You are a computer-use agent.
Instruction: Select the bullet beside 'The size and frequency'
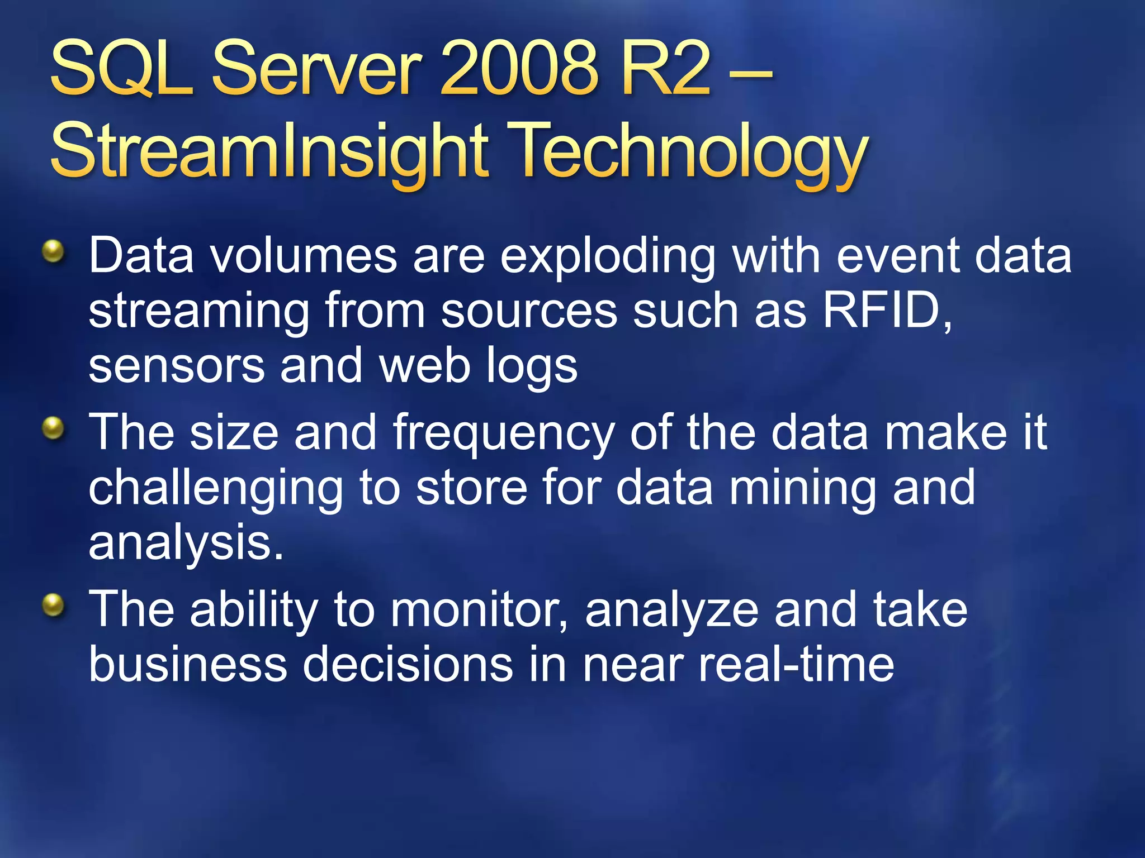click(x=54, y=429)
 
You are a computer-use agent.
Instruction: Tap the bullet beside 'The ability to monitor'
click(x=54, y=606)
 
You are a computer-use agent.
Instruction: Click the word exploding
click(x=607, y=257)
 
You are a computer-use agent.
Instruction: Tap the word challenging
click(x=216, y=489)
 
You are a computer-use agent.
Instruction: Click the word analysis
click(x=186, y=544)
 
